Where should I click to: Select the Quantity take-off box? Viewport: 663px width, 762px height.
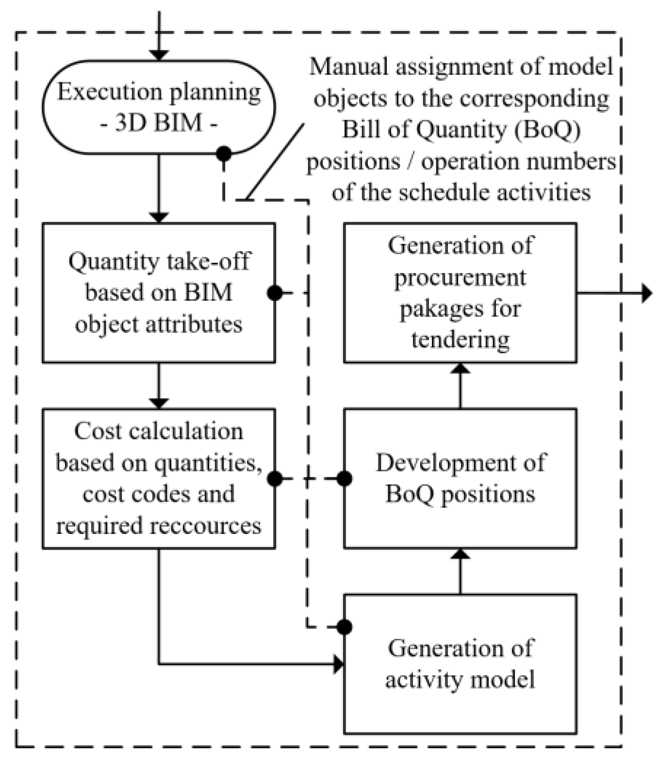[158, 292]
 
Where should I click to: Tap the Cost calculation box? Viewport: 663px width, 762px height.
[158, 478]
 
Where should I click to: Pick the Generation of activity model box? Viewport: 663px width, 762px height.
[460, 664]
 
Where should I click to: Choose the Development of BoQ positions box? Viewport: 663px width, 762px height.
[460, 478]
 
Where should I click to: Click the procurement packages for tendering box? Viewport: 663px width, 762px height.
[460, 292]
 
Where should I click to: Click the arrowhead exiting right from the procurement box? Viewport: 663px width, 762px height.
[647, 293]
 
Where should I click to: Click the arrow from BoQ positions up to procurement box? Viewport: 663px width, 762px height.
[460, 386]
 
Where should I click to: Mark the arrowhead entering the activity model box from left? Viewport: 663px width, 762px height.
[339, 664]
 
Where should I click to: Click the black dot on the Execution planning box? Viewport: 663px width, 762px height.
[223, 154]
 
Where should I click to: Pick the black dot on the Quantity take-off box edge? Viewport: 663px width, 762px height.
[275, 293]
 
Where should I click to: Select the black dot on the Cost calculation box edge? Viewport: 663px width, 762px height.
[275, 479]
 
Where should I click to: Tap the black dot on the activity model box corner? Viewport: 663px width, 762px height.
[344, 627]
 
